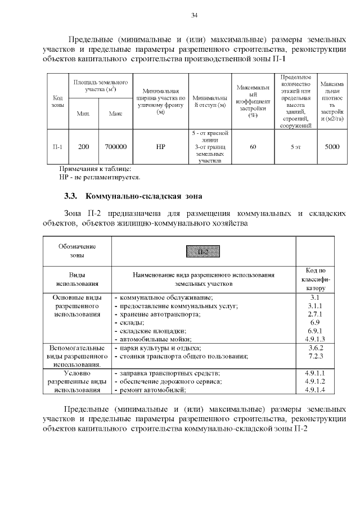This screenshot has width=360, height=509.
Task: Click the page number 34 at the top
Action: [x=194, y=15]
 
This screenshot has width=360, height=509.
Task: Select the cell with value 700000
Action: [x=115, y=147]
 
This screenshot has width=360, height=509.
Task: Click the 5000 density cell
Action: [x=332, y=147]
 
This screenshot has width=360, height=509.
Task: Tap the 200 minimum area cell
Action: [x=83, y=147]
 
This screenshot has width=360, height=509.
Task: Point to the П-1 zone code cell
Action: [x=57, y=147]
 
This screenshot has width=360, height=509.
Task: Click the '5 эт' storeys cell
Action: [x=295, y=147]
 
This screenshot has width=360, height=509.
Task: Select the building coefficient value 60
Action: [x=253, y=147]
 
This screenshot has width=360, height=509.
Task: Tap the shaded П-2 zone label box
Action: [x=203, y=251]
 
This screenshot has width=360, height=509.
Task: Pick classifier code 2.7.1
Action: [x=315, y=314]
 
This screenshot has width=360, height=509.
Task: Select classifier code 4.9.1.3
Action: [x=315, y=339]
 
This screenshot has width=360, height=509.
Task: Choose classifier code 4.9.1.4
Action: [x=315, y=390]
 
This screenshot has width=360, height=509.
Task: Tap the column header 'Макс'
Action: [x=116, y=114]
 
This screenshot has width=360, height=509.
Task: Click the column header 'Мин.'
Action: [x=83, y=114]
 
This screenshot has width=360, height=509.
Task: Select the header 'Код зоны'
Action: [x=57, y=101]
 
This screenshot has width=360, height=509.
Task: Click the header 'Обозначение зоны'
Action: [x=77, y=251]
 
